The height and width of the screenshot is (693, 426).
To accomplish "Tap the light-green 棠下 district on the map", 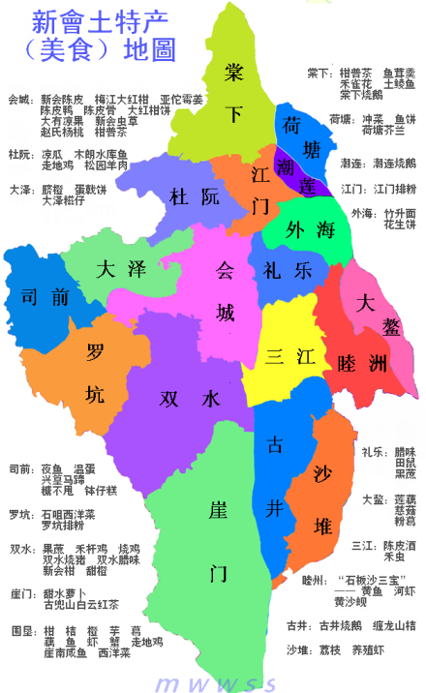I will tap(232, 87).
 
